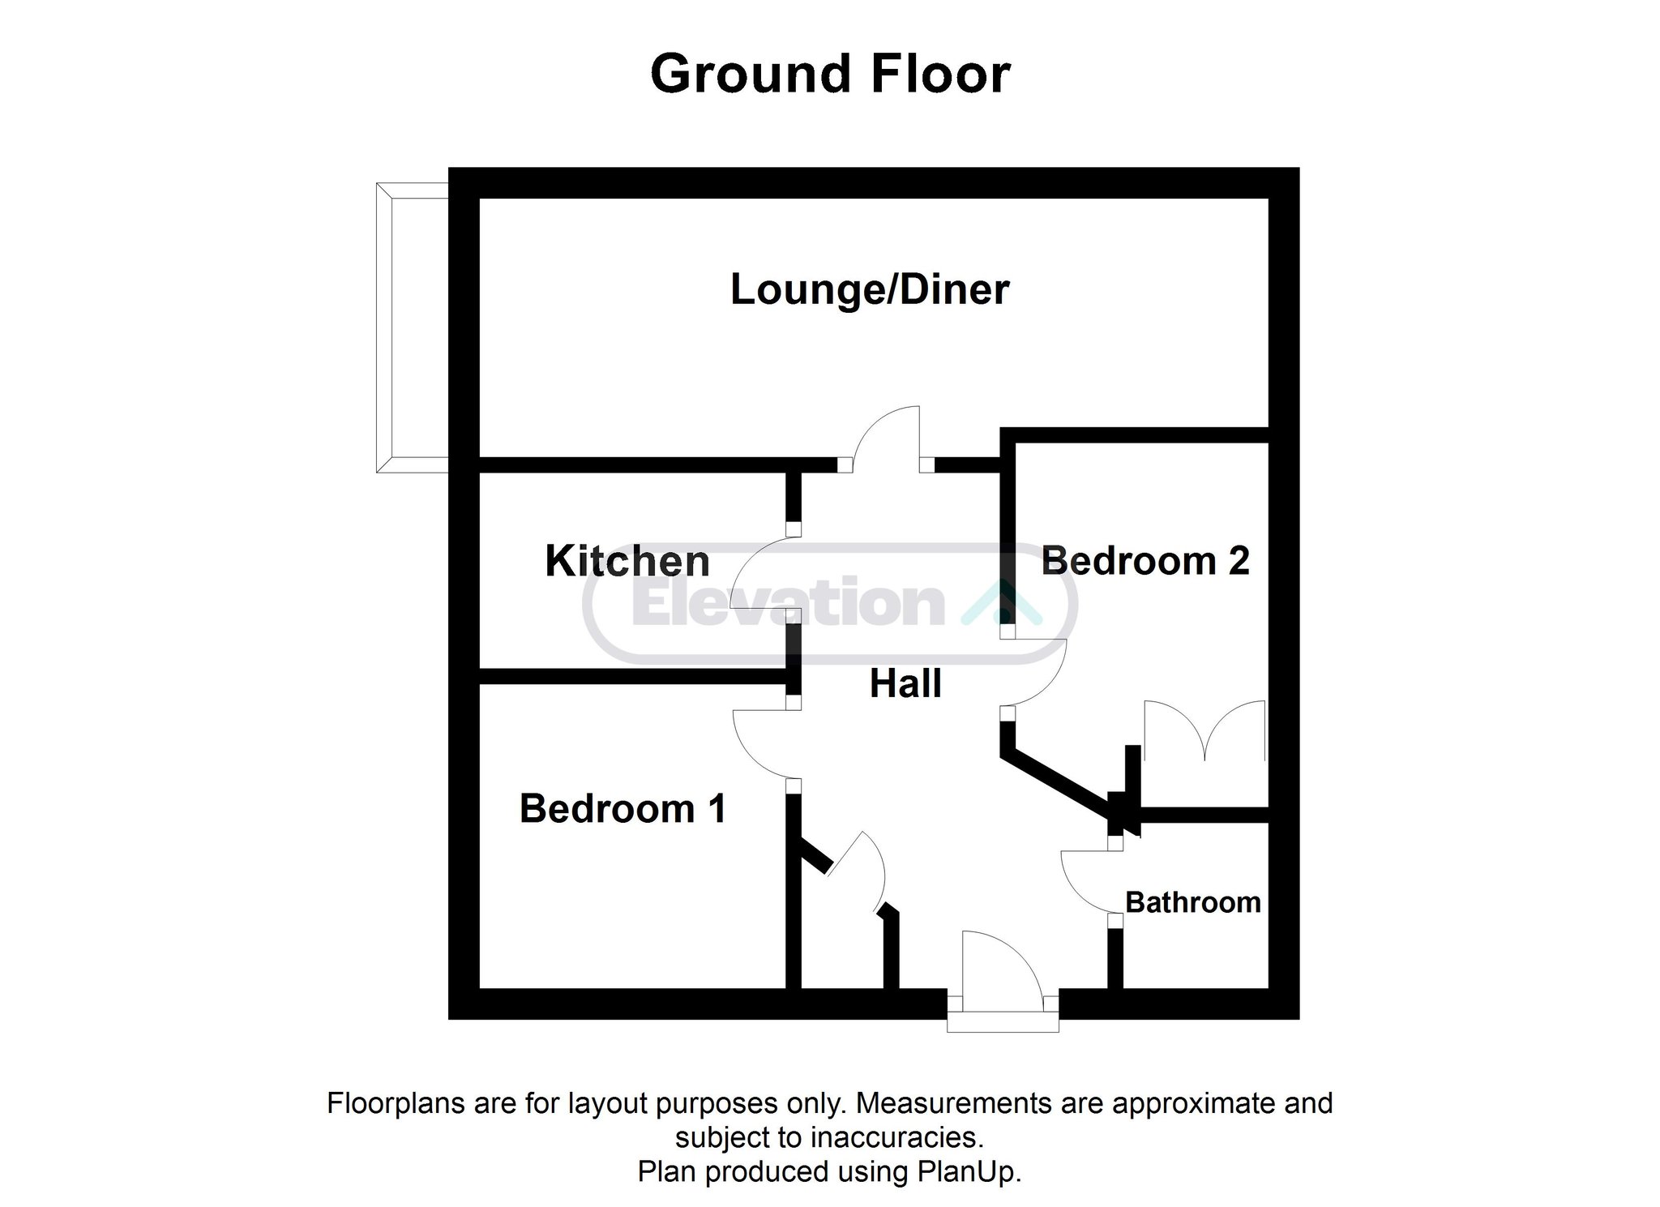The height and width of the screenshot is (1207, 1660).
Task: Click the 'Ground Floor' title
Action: coord(830,75)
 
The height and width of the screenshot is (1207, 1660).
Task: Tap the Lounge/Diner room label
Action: coord(870,290)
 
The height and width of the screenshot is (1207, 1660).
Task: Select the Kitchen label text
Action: coord(627,561)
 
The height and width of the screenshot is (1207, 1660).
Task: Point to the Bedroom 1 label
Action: coord(622,809)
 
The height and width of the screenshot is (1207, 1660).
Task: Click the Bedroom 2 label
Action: coord(1145,561)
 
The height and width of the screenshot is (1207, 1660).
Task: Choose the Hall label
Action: coord(905,684)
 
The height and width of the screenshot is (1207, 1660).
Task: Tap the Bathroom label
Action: coord(1193,902)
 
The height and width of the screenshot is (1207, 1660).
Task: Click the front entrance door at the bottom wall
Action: coord(1003,981)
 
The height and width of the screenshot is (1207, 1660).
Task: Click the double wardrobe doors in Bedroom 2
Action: coord(1204,730)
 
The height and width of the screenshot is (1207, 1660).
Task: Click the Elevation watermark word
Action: coord(788,603)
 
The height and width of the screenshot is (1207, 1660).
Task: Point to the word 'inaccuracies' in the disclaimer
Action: coord(897,1137)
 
